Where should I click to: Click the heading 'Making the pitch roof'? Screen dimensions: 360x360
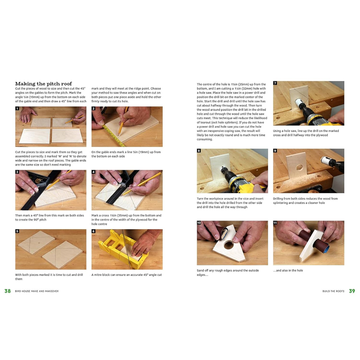click(x=43, y=83)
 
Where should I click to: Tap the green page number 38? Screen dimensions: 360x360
click(x=8, y=291)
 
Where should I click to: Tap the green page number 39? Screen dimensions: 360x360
click(x=352, y=291)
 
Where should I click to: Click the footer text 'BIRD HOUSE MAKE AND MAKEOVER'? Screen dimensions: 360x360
click(x=37, y=291)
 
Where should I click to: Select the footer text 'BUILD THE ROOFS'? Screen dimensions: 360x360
click(x=333, y=291)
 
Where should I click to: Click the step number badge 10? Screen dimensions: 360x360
click(x=199, y=223)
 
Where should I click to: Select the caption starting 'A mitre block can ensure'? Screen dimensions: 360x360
click(x=126, y=274)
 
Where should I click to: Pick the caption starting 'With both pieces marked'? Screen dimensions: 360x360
click(x=50, y=277)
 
